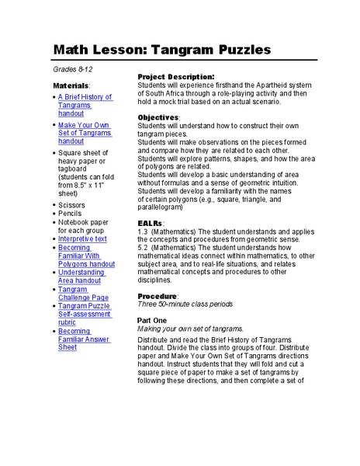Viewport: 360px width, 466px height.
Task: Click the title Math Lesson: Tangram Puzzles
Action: coord(161,49)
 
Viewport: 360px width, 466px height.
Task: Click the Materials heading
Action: coord(71,84)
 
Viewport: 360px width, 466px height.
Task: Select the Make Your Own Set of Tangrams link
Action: coord(85,133)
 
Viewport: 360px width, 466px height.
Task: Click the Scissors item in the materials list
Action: coord(72,205)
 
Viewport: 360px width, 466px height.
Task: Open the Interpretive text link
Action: coord(82,239)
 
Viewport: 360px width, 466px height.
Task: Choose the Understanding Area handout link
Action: coord(81,276)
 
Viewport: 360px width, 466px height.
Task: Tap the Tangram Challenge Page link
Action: coord(82,294)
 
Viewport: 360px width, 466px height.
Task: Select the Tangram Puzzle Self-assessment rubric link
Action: coord(85,315)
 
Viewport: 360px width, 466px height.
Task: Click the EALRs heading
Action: coord(151,223)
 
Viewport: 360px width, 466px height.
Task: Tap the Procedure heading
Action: coord(157,297)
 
